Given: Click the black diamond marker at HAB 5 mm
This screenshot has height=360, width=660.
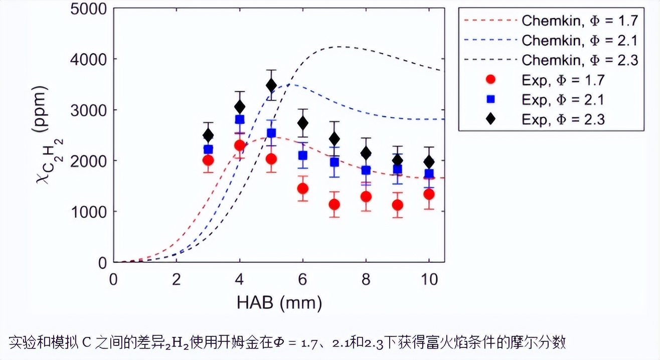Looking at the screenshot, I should click(x=271, y=85).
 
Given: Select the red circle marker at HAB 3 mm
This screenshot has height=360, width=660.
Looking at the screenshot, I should click(x=208, y=160).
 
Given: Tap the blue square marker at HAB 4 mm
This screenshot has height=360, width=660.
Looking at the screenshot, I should click(x=240, y=119).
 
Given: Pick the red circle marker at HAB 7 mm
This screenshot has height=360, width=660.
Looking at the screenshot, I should click(x=335, y=205).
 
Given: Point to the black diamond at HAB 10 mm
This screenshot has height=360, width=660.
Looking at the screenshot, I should click(x=429, y=161).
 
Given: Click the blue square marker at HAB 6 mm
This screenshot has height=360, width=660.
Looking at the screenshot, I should click(x=303, y=155).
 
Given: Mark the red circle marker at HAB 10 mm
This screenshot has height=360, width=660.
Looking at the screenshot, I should click(x=429, y=194).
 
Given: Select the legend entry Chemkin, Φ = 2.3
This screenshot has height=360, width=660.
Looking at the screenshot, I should click(x=580, y=60).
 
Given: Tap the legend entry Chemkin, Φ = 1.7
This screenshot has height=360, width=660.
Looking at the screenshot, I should click(x=580, y=21).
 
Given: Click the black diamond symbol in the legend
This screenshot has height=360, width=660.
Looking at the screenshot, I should click(x=491, y=119).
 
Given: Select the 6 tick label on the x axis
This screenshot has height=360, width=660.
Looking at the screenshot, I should click(x=303, y=279).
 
